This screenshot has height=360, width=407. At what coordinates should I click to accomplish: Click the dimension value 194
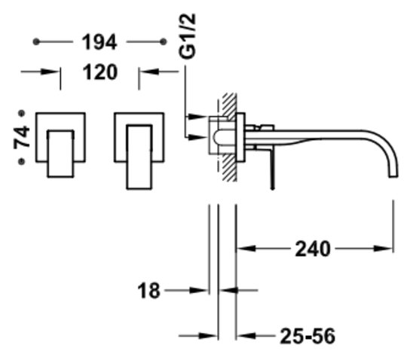99,42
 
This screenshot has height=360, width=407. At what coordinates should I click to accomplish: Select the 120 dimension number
100,72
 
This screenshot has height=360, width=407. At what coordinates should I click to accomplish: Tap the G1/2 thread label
187,36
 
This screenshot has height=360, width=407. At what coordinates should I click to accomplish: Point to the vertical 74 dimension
22,138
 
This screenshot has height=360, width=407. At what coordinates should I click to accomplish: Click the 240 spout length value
313,249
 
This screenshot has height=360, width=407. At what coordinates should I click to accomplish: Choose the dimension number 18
148,291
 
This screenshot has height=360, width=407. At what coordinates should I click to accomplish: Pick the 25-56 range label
308,336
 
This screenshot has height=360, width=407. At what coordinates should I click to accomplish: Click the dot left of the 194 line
36,41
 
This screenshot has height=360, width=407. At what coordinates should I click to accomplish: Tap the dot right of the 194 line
163,41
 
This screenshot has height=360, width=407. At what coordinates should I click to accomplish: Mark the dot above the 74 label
22,113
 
